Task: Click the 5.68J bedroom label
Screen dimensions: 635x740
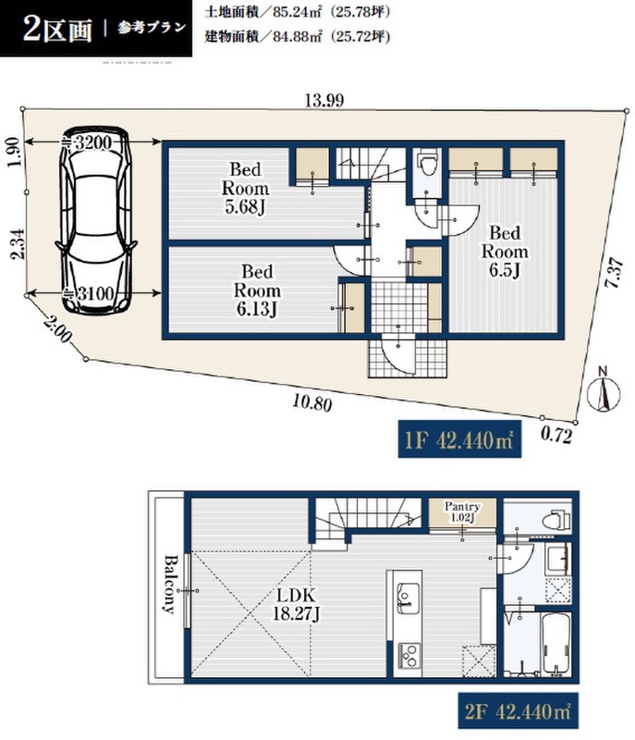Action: (x=245, y=189)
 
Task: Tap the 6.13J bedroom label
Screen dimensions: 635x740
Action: (x=257, y=290)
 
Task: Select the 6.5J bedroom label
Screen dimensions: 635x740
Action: (x=505, y=252)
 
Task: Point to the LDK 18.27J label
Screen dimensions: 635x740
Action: (x=296, y=604)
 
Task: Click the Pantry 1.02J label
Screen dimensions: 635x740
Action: (x=462, y=512)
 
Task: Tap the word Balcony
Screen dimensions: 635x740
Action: (x=170, y=585)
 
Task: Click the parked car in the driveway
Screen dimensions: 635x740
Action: (x=96, y=220)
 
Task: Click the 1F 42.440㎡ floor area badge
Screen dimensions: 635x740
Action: (x=459, y=438)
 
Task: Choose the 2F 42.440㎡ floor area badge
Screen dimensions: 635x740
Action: (x=518, y=710)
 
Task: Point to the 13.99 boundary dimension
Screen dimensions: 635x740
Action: (x=324, y=100)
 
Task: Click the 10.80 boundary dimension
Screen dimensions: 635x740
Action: (x=312, y=402)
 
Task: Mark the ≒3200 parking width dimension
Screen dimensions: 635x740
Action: (x=92, y=142)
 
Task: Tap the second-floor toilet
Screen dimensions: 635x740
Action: (x=556, y=518)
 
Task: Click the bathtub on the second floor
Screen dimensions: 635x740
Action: (x=557, y=645)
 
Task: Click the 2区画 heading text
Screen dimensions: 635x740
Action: (x=57, y=31)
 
